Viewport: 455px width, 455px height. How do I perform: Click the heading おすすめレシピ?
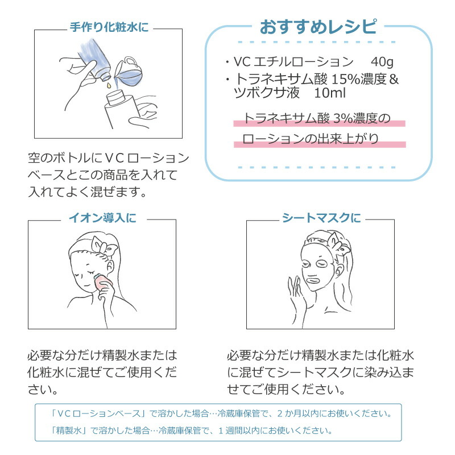tap(317, 26)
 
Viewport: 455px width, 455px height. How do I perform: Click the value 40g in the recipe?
tap(381, 61)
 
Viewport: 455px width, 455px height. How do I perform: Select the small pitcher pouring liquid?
tap(128, 71)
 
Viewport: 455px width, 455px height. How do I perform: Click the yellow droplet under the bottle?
tap(105, 85)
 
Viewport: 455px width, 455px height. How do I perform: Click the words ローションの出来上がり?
tap(310, 138)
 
